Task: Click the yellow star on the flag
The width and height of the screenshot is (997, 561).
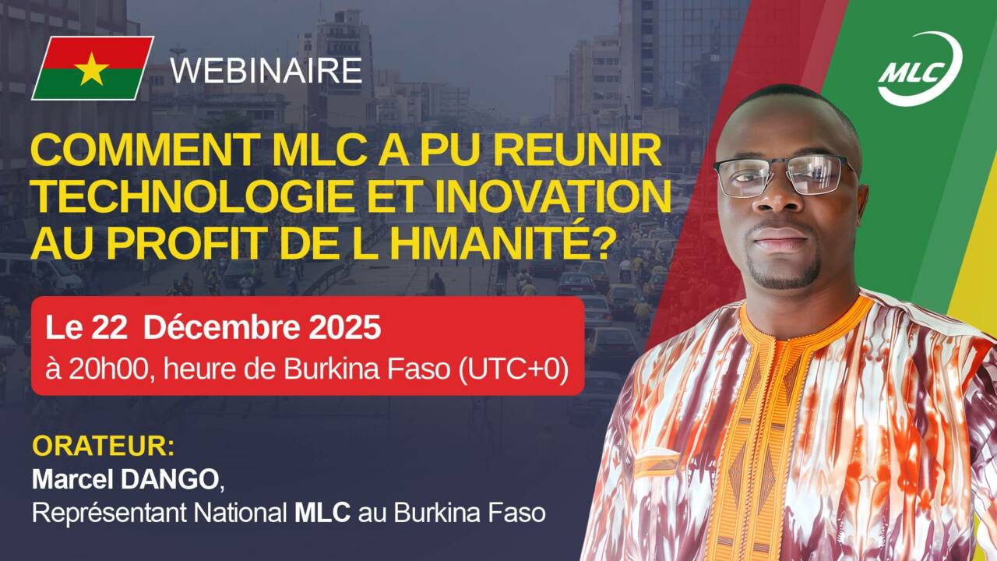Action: tap(93, 69)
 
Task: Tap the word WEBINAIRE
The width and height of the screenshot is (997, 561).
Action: tap(266, 70)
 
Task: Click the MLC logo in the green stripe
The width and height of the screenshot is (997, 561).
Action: tap(919, 69)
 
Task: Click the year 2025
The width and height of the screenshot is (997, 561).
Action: tap(339, 328)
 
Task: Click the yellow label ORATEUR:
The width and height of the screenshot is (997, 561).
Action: tap(103, 447)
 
